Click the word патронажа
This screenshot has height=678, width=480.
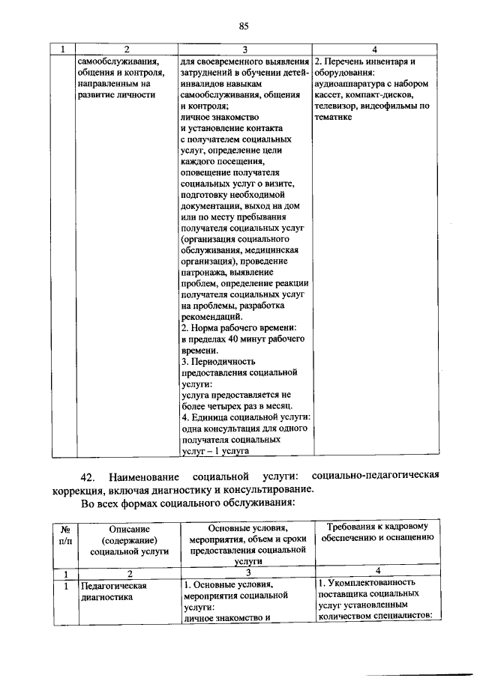(x=206, y=274)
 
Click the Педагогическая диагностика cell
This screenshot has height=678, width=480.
(x=113, y=591)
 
